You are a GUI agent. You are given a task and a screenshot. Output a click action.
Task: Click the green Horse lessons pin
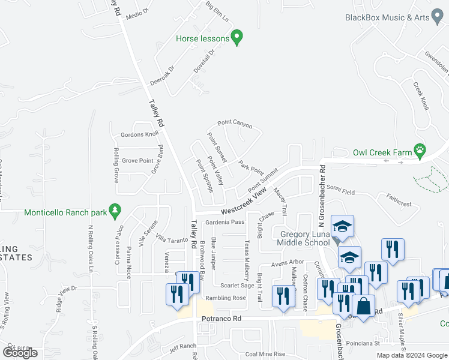[x=237, y=38]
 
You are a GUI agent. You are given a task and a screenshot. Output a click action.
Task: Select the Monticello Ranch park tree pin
[x=115, y=211]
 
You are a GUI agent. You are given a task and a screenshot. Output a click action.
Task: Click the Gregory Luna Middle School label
[x=304, y=238]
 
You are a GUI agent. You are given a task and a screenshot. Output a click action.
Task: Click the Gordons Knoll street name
[x=139, y=134]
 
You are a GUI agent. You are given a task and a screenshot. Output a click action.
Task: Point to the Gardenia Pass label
[x=225, y=222]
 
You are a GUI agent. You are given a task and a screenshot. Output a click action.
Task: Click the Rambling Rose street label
[x=226, y=298]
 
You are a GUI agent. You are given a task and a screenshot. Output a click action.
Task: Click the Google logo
[x=20, y=353]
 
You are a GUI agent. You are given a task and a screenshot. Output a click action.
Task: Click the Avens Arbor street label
[x=288, y=262]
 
